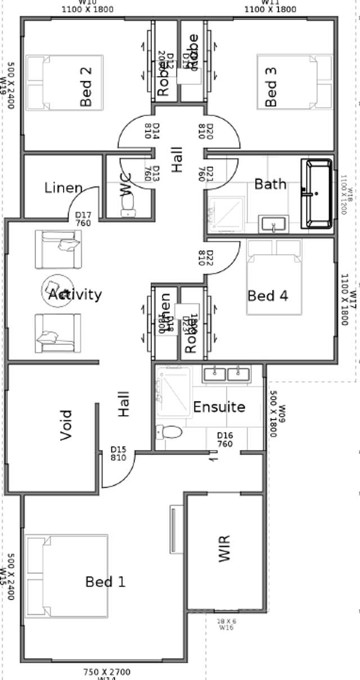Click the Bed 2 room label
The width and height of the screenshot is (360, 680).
(85, 86)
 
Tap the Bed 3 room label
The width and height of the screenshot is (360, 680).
(271, 86)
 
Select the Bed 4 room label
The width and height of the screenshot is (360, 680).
(268, 295)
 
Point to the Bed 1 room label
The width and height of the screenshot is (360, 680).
(105, 582)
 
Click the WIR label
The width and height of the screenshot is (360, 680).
(224, 548)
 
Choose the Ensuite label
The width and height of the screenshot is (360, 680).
(219, 407)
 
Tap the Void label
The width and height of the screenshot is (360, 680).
(66, 425)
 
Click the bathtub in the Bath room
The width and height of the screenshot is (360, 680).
(317, 193)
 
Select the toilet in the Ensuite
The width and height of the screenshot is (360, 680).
(169, 432)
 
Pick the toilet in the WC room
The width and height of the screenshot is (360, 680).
(129, 205)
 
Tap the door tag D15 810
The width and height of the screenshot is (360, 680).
(119, 453)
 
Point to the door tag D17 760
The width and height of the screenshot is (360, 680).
(83, 219)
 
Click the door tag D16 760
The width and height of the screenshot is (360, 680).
(225, 439)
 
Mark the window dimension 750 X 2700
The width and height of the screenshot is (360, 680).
(107, 672)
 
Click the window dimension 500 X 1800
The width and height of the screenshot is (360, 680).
(274, 414)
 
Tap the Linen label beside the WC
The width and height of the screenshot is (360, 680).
(63, 188)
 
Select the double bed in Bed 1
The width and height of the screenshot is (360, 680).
(66, 575)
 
